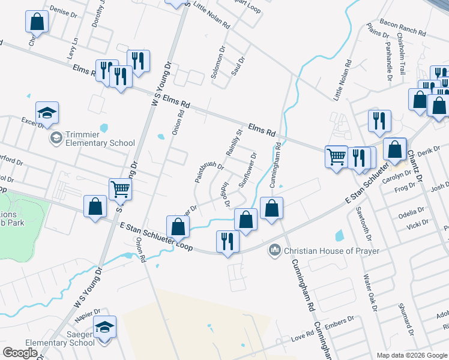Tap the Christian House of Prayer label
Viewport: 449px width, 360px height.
332,250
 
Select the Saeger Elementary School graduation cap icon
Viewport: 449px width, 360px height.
105,328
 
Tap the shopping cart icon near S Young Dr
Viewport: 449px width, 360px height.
120,189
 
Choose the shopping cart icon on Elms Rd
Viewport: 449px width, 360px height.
337,157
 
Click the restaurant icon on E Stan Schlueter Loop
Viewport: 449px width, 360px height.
228,241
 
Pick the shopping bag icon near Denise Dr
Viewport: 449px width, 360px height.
37,22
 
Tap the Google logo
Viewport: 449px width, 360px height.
20,352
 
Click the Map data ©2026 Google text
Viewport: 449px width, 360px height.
412,355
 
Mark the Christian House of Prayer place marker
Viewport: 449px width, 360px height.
276,249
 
